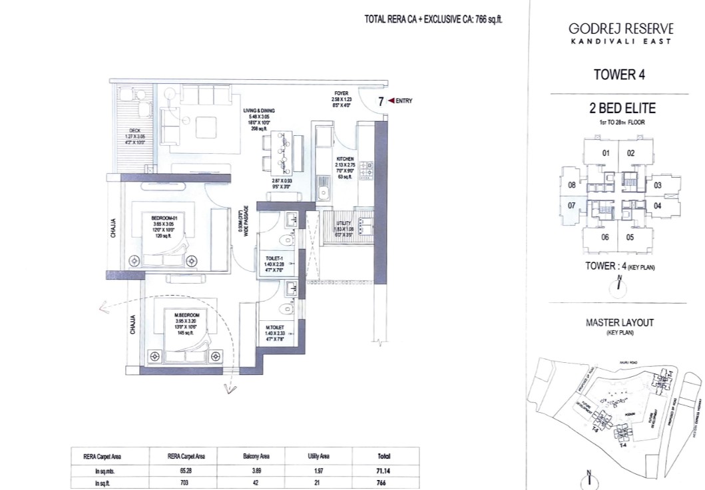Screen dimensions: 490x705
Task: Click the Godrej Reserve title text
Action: pos(620,29)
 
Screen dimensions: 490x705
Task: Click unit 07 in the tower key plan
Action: pos(571,206)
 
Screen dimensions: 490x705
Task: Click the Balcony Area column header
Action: pos(252,456)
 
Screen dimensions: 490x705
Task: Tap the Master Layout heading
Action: pos(619,323)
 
